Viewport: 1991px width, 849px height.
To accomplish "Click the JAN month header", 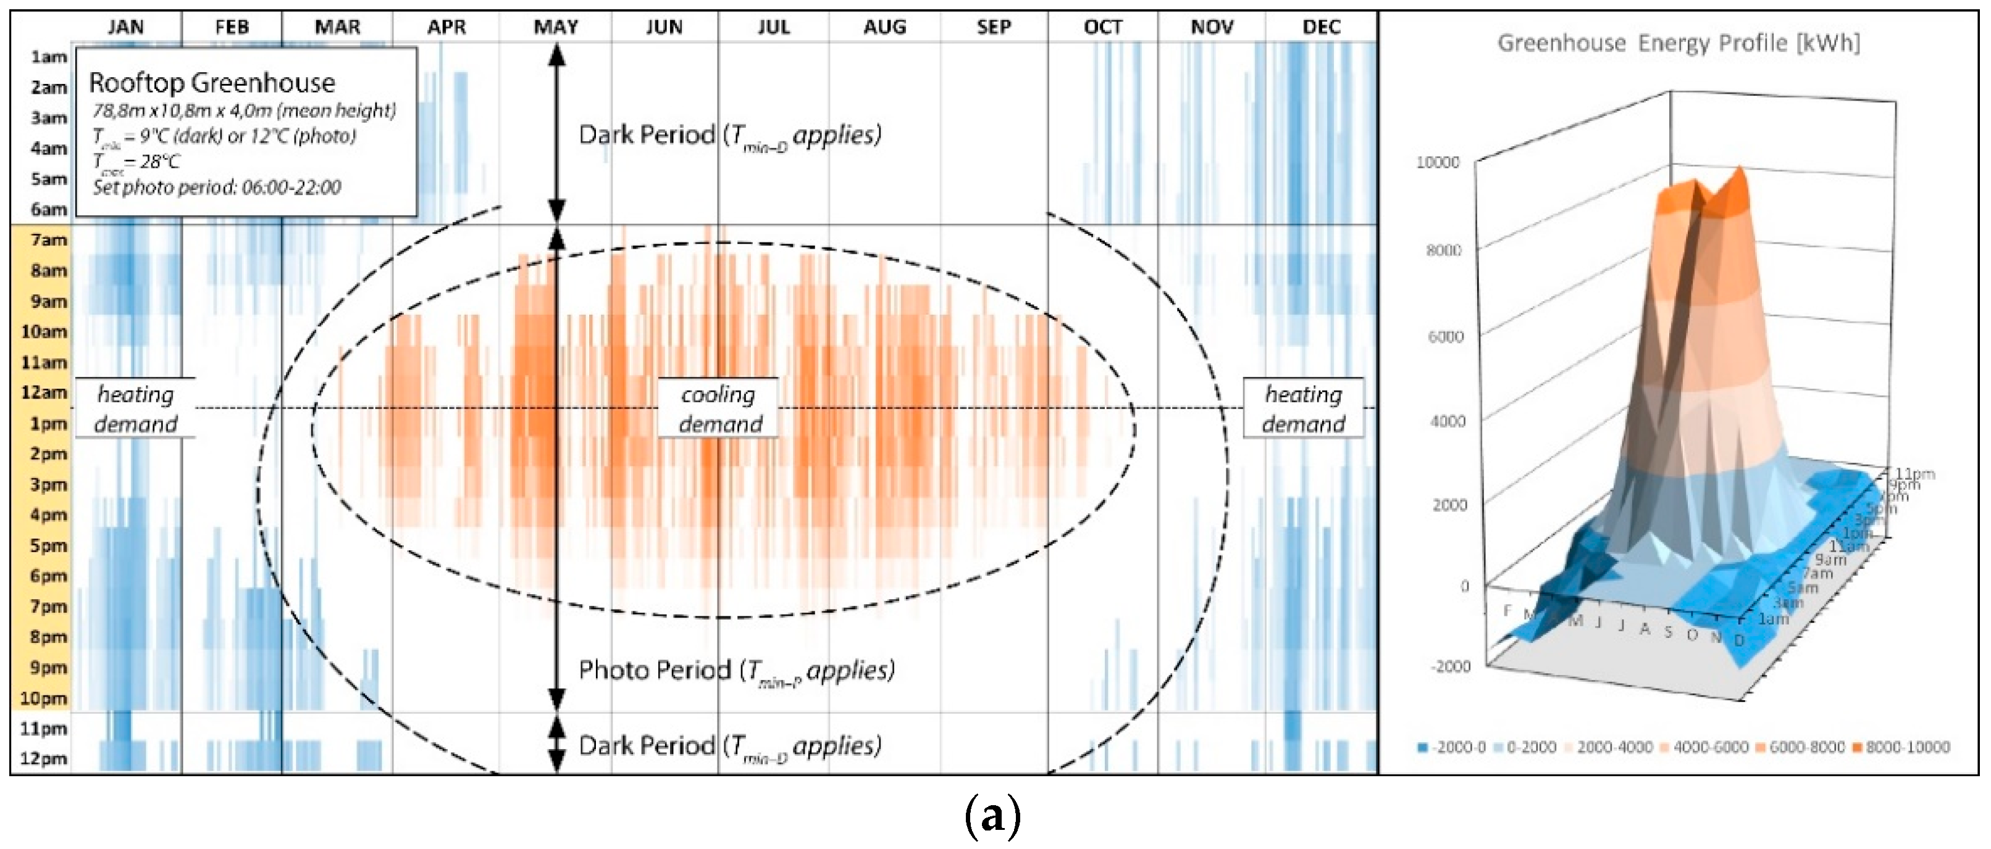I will pos(125,27).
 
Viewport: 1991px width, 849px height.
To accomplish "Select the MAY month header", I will pos(556,27).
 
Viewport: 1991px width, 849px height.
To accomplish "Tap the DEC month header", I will pos(1321,27).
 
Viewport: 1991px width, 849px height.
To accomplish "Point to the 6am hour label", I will pos(48,209).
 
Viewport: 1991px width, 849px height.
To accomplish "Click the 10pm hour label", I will pos(43,698).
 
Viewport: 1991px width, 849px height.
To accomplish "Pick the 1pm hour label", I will pos(48,423).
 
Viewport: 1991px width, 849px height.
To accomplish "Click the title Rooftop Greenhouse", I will pos(212,83).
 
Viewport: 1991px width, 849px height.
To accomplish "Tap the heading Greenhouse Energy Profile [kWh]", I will pos(1678,43).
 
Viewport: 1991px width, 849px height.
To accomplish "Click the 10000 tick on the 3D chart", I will pos(1437,162).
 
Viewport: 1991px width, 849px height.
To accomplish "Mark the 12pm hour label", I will pos(43,759).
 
